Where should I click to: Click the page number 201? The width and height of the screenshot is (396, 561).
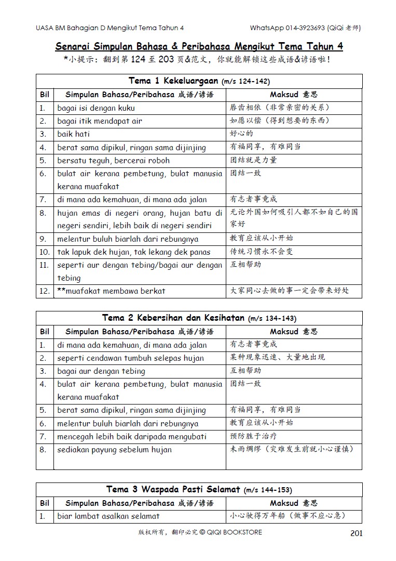(357, 533)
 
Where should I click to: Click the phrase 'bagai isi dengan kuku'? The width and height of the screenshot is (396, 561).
(96, 108)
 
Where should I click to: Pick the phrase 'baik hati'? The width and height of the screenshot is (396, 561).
(74, 134)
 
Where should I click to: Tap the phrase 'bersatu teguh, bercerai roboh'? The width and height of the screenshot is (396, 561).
(113, 160)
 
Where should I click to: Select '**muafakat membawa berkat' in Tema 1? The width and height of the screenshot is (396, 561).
(111, 291)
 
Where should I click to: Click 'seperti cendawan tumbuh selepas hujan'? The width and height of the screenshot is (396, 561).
(130, 358)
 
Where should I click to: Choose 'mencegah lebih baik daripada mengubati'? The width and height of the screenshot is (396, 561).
(132, 437)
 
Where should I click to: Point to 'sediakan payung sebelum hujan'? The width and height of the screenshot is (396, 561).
(114, 450)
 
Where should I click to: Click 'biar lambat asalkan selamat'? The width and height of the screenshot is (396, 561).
(108, 516)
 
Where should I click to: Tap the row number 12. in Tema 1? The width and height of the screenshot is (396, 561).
(44, 291)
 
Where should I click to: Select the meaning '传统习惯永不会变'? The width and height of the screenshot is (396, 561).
(262, 252)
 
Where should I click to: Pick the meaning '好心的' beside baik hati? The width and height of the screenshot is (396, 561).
(242, 134)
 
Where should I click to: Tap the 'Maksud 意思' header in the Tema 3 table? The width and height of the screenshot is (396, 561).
(293, 503)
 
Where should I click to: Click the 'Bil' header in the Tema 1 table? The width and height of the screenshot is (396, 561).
(45, 95)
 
